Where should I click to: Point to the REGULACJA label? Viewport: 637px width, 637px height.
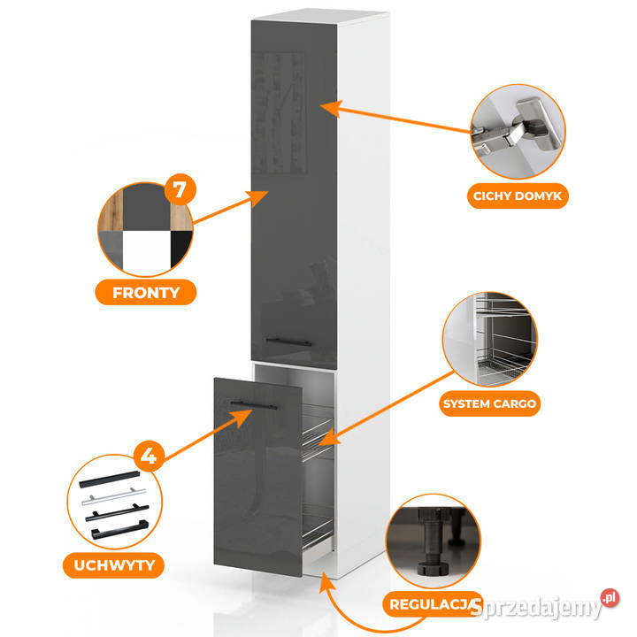432,604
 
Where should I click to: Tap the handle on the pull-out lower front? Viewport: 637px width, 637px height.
253,405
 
